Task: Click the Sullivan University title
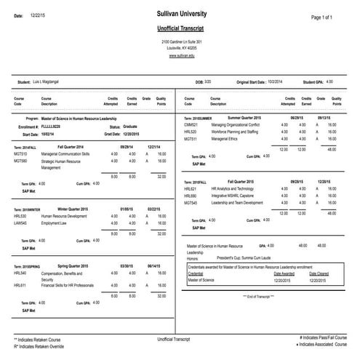point(180,14)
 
